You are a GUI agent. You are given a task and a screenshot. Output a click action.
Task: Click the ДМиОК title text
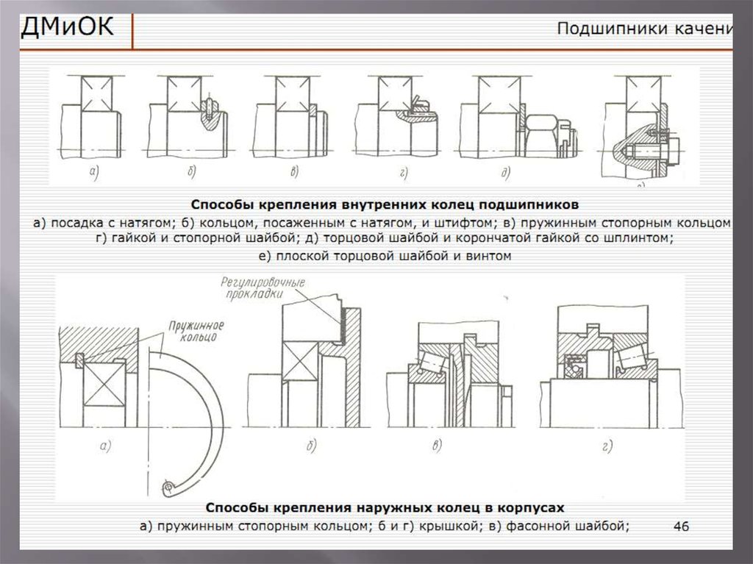[x=67, y=29]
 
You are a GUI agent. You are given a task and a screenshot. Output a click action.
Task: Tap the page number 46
[x=681, y=526]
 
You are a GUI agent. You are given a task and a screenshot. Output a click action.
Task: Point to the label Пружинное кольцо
[x=196, y=330]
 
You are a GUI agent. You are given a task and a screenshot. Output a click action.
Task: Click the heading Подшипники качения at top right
[x=644, y=29]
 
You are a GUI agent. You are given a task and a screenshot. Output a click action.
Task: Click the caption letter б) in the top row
[x=192, y=173]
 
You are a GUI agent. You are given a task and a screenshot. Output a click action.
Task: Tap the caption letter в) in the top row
[x=294, y=173]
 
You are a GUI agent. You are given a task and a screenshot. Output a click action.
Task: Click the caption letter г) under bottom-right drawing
[x=607, y=445]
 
